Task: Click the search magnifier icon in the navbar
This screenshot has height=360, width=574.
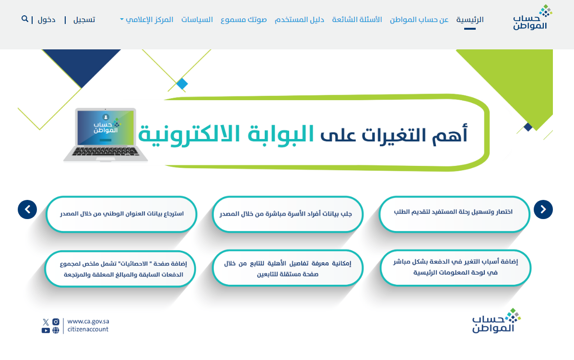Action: tap(25, 19)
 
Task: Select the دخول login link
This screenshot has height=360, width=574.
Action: tap(47, 20)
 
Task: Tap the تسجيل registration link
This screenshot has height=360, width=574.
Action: tap(84, 20)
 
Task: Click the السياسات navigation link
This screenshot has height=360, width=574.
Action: tap(197, 20)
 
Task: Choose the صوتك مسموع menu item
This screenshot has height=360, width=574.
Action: tap(244, 20)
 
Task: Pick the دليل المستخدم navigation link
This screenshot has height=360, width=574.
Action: tap(299, 20)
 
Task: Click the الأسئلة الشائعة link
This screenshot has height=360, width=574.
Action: tap(357, 20)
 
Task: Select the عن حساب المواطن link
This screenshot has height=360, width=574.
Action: tap(419, 20)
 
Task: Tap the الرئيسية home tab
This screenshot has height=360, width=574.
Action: tap(469, 20)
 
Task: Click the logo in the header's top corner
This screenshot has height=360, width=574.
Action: tap(532, 17)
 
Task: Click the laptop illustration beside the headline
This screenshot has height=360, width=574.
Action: tap(105, 135)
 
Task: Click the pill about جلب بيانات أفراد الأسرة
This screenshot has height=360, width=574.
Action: tap(287, 214)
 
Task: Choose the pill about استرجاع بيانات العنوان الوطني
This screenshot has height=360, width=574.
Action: tap(121, 214)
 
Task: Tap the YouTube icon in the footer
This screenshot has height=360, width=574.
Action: tap(46, 330)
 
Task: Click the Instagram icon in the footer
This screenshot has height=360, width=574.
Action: tap(56, 322)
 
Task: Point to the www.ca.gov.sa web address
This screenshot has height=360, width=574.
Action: tap(88, 322)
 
